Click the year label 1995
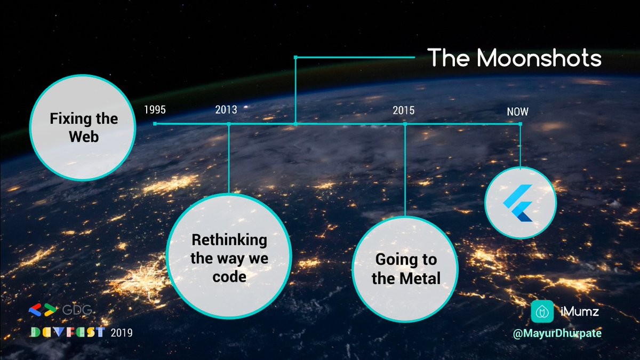coord(155,110)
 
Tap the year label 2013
coord(226,110)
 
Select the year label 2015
coord(403,110)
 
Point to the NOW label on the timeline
coord(517,111)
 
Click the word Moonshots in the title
coord(539,58)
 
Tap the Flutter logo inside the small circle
coord(518,203)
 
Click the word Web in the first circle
coord(84,137)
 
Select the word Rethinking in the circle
coord(229,240)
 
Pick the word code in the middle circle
coord(229,277)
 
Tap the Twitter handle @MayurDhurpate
coord(557,333)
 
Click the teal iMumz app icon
coord(542,311)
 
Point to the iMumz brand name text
coord(580,311)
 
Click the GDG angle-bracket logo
coord(43,310)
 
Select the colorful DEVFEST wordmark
coord(68,332)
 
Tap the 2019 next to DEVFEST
coord(122,333)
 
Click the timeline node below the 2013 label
coord(229,124)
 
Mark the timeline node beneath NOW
coord(521,124)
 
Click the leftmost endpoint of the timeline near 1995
coord(155,124)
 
